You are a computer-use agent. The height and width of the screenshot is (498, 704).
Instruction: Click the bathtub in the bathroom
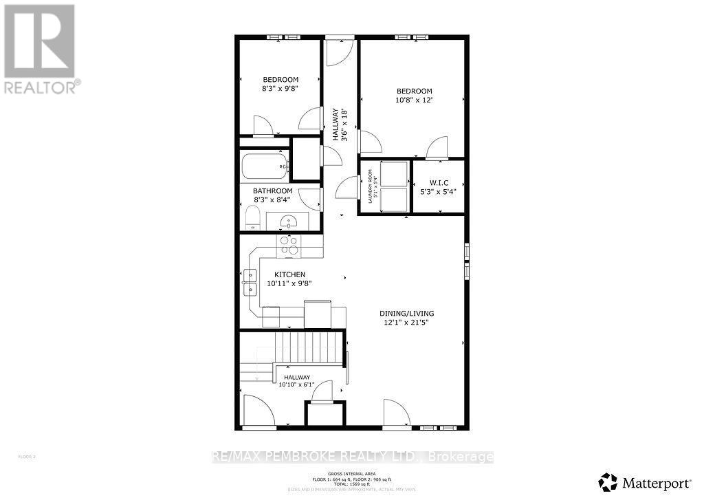[x=265, y=166]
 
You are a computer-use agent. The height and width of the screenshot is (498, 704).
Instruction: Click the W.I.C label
[x=438, y=183]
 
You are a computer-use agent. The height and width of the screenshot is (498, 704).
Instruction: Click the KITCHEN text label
[x=271, y=274]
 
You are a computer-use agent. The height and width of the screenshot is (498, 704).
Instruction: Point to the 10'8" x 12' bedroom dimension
[x=414, y=100]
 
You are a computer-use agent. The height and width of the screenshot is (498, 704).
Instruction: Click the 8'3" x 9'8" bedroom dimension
[x=280, y=89]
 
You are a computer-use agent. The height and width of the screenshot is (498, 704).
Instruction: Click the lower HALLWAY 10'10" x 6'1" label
[x=295, y=381]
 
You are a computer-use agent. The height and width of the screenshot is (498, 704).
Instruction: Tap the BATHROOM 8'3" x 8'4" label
[x=272, y=195]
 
